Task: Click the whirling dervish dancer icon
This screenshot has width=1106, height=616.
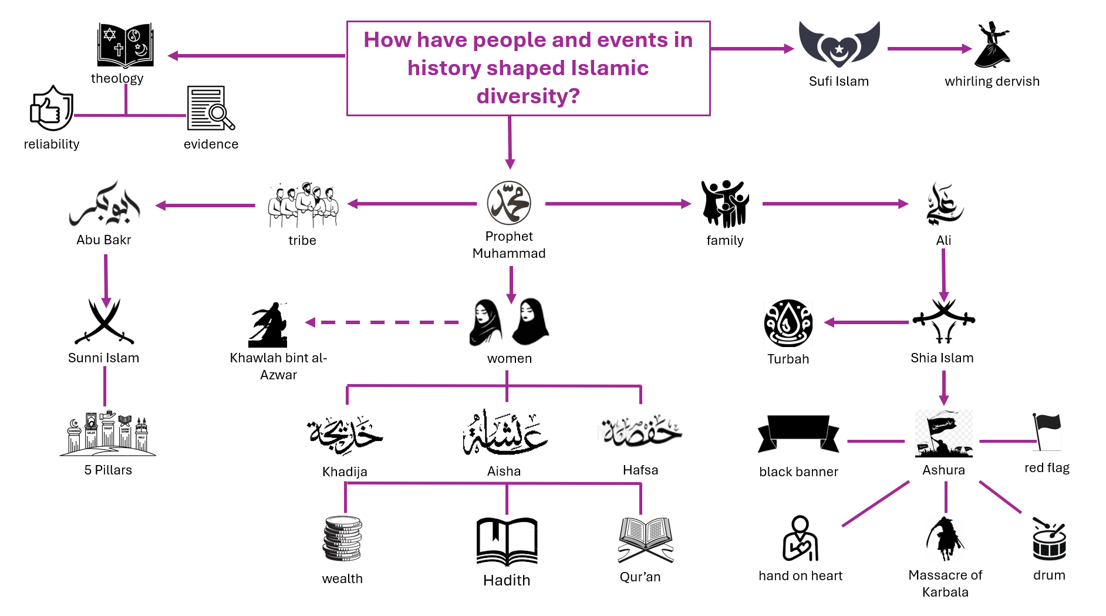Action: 992,45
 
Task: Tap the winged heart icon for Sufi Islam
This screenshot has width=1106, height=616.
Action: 839,45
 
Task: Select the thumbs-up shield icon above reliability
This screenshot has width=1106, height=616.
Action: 52,108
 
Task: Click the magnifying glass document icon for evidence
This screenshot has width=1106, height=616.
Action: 211,108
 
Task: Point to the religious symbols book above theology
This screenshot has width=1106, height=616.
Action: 126,46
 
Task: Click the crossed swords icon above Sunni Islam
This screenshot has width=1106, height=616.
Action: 104,321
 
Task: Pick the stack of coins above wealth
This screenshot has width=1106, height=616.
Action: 342,538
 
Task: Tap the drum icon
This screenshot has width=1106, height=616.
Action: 1049,538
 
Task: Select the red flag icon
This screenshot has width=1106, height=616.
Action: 1047,432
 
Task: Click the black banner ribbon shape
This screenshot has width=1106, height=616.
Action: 798,434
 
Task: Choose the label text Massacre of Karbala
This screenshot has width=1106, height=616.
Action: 945,583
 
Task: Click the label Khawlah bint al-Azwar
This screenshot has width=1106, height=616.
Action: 278,366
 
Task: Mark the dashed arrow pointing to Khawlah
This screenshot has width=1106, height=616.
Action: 382,322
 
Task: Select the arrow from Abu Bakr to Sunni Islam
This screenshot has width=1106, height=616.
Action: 106,281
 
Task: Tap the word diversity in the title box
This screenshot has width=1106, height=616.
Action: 528,96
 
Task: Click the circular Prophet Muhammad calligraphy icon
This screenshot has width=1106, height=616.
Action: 509,203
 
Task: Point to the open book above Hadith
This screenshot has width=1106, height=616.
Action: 507,541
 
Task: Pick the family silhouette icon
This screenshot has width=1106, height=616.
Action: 725,203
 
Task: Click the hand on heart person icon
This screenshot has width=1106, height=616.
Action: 800,538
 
